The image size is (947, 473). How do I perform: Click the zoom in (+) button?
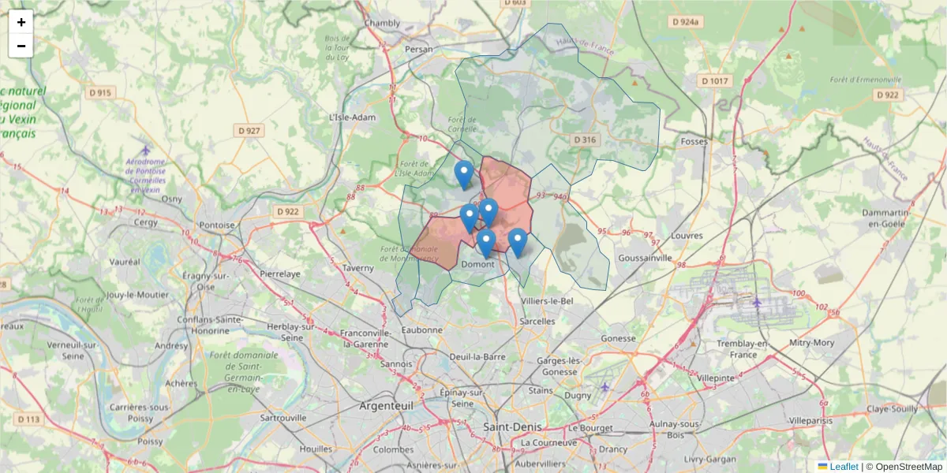(x=21, y=22)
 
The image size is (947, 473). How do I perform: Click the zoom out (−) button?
(x=21, y=46)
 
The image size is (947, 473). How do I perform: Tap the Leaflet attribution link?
(x=843, y=467)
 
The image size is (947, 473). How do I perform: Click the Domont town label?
(x=477, y=264)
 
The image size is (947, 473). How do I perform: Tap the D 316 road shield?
(x=585, y=140)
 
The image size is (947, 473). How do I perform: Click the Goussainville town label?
(x=645, y=258)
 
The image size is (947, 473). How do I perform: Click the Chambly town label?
(x=382, y=23)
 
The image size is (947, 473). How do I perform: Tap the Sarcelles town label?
(x=539, y=321)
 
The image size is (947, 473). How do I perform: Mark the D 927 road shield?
(x=248, y=130)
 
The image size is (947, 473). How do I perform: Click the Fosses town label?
(x=694, y=141)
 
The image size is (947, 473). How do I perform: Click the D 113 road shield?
(x=29, y=419)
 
